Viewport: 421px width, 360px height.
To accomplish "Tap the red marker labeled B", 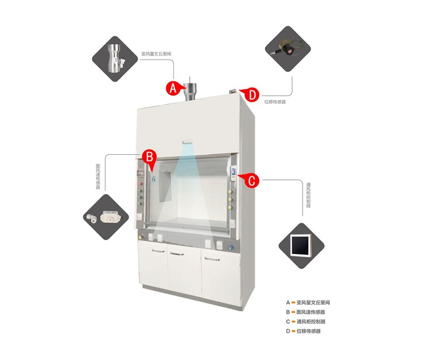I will pyautogui.click(x=148, y=155).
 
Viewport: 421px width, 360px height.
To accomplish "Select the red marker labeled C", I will pyautogui.click(x=252, y=180).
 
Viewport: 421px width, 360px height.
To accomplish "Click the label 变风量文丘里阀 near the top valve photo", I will pyautogui.click(x=156, y=54).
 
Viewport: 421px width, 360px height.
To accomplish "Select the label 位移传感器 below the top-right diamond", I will pyautogui.click(x=276, y=103).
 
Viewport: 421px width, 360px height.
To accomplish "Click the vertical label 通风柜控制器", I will pyautogui.click(x=308, y=195).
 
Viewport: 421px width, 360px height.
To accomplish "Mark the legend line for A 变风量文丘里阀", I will pyautogui.click(x=308, y=302).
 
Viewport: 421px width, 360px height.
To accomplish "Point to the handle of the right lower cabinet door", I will pyautogui.click(x=212, y=259).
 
